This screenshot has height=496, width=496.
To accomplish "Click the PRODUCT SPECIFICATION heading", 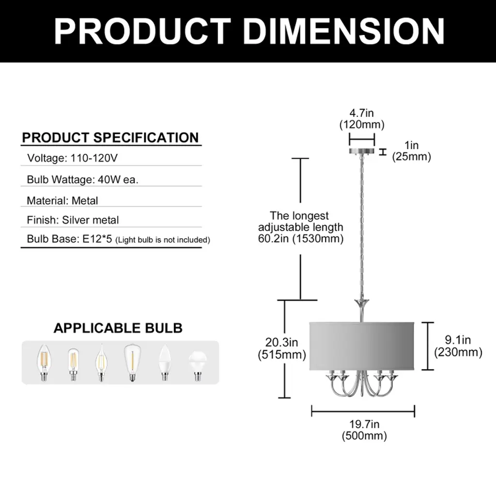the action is pyautogui.click(x=110, y=138).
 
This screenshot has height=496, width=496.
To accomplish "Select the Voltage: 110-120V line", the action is pyautogui.click(x=73, y=158).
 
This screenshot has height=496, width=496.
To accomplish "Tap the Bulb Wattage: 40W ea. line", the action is pyautogui.click(x=82, y=180).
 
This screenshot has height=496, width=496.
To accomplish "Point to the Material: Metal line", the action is pyautogui.click(x=62, y=201).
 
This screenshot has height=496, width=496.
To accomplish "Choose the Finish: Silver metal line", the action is pyautogui.click(x=73, y=220).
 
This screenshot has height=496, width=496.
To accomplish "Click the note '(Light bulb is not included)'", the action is pyautogui.click(x=163, y=240).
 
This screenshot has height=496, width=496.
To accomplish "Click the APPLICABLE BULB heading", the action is pyautogui.click(x=118, y=328).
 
